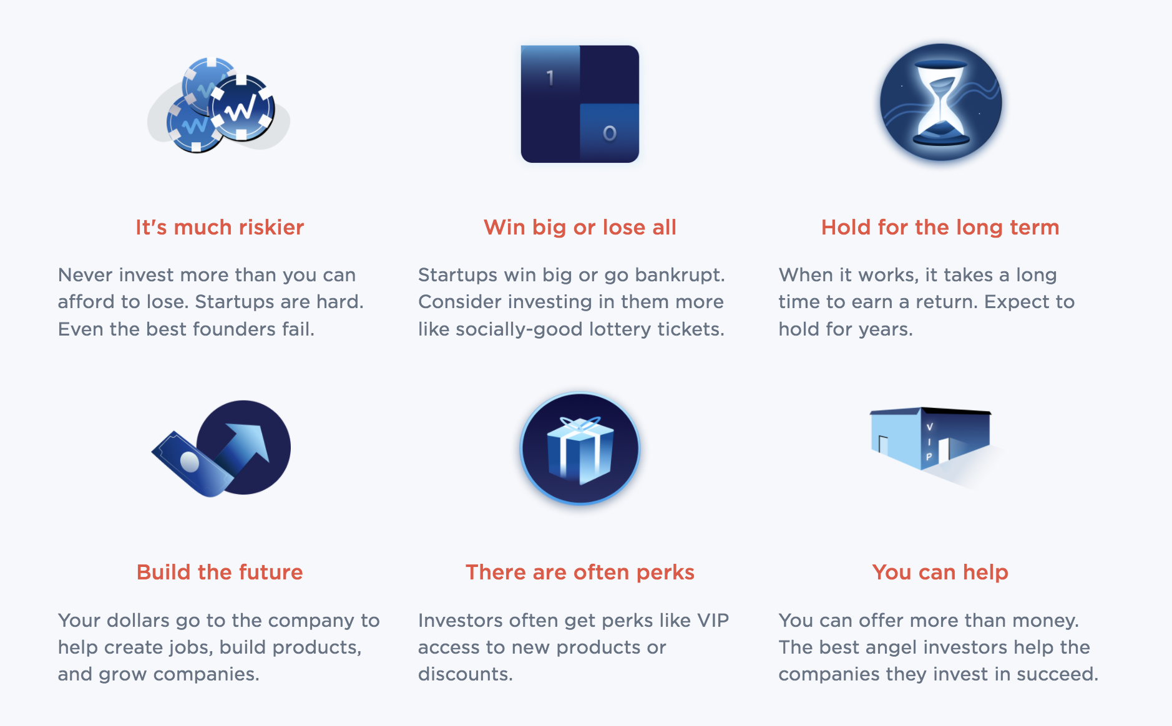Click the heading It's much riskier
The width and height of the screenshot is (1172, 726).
point(220,228)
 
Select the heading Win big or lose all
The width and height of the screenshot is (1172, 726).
point(580,228)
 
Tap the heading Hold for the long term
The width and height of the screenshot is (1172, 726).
point(940,228)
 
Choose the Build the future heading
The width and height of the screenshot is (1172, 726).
point(220,573)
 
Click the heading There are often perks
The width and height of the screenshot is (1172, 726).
point(580,573)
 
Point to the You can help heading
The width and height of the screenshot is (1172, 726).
point(940,573)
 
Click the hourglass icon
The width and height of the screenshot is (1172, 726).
point(940,103)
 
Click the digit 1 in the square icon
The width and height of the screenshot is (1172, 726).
point(550,78)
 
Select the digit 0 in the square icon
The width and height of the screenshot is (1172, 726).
point(610,133)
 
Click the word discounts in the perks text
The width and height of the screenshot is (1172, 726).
point(464,674)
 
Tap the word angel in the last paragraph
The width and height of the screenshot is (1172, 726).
point(892,647)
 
